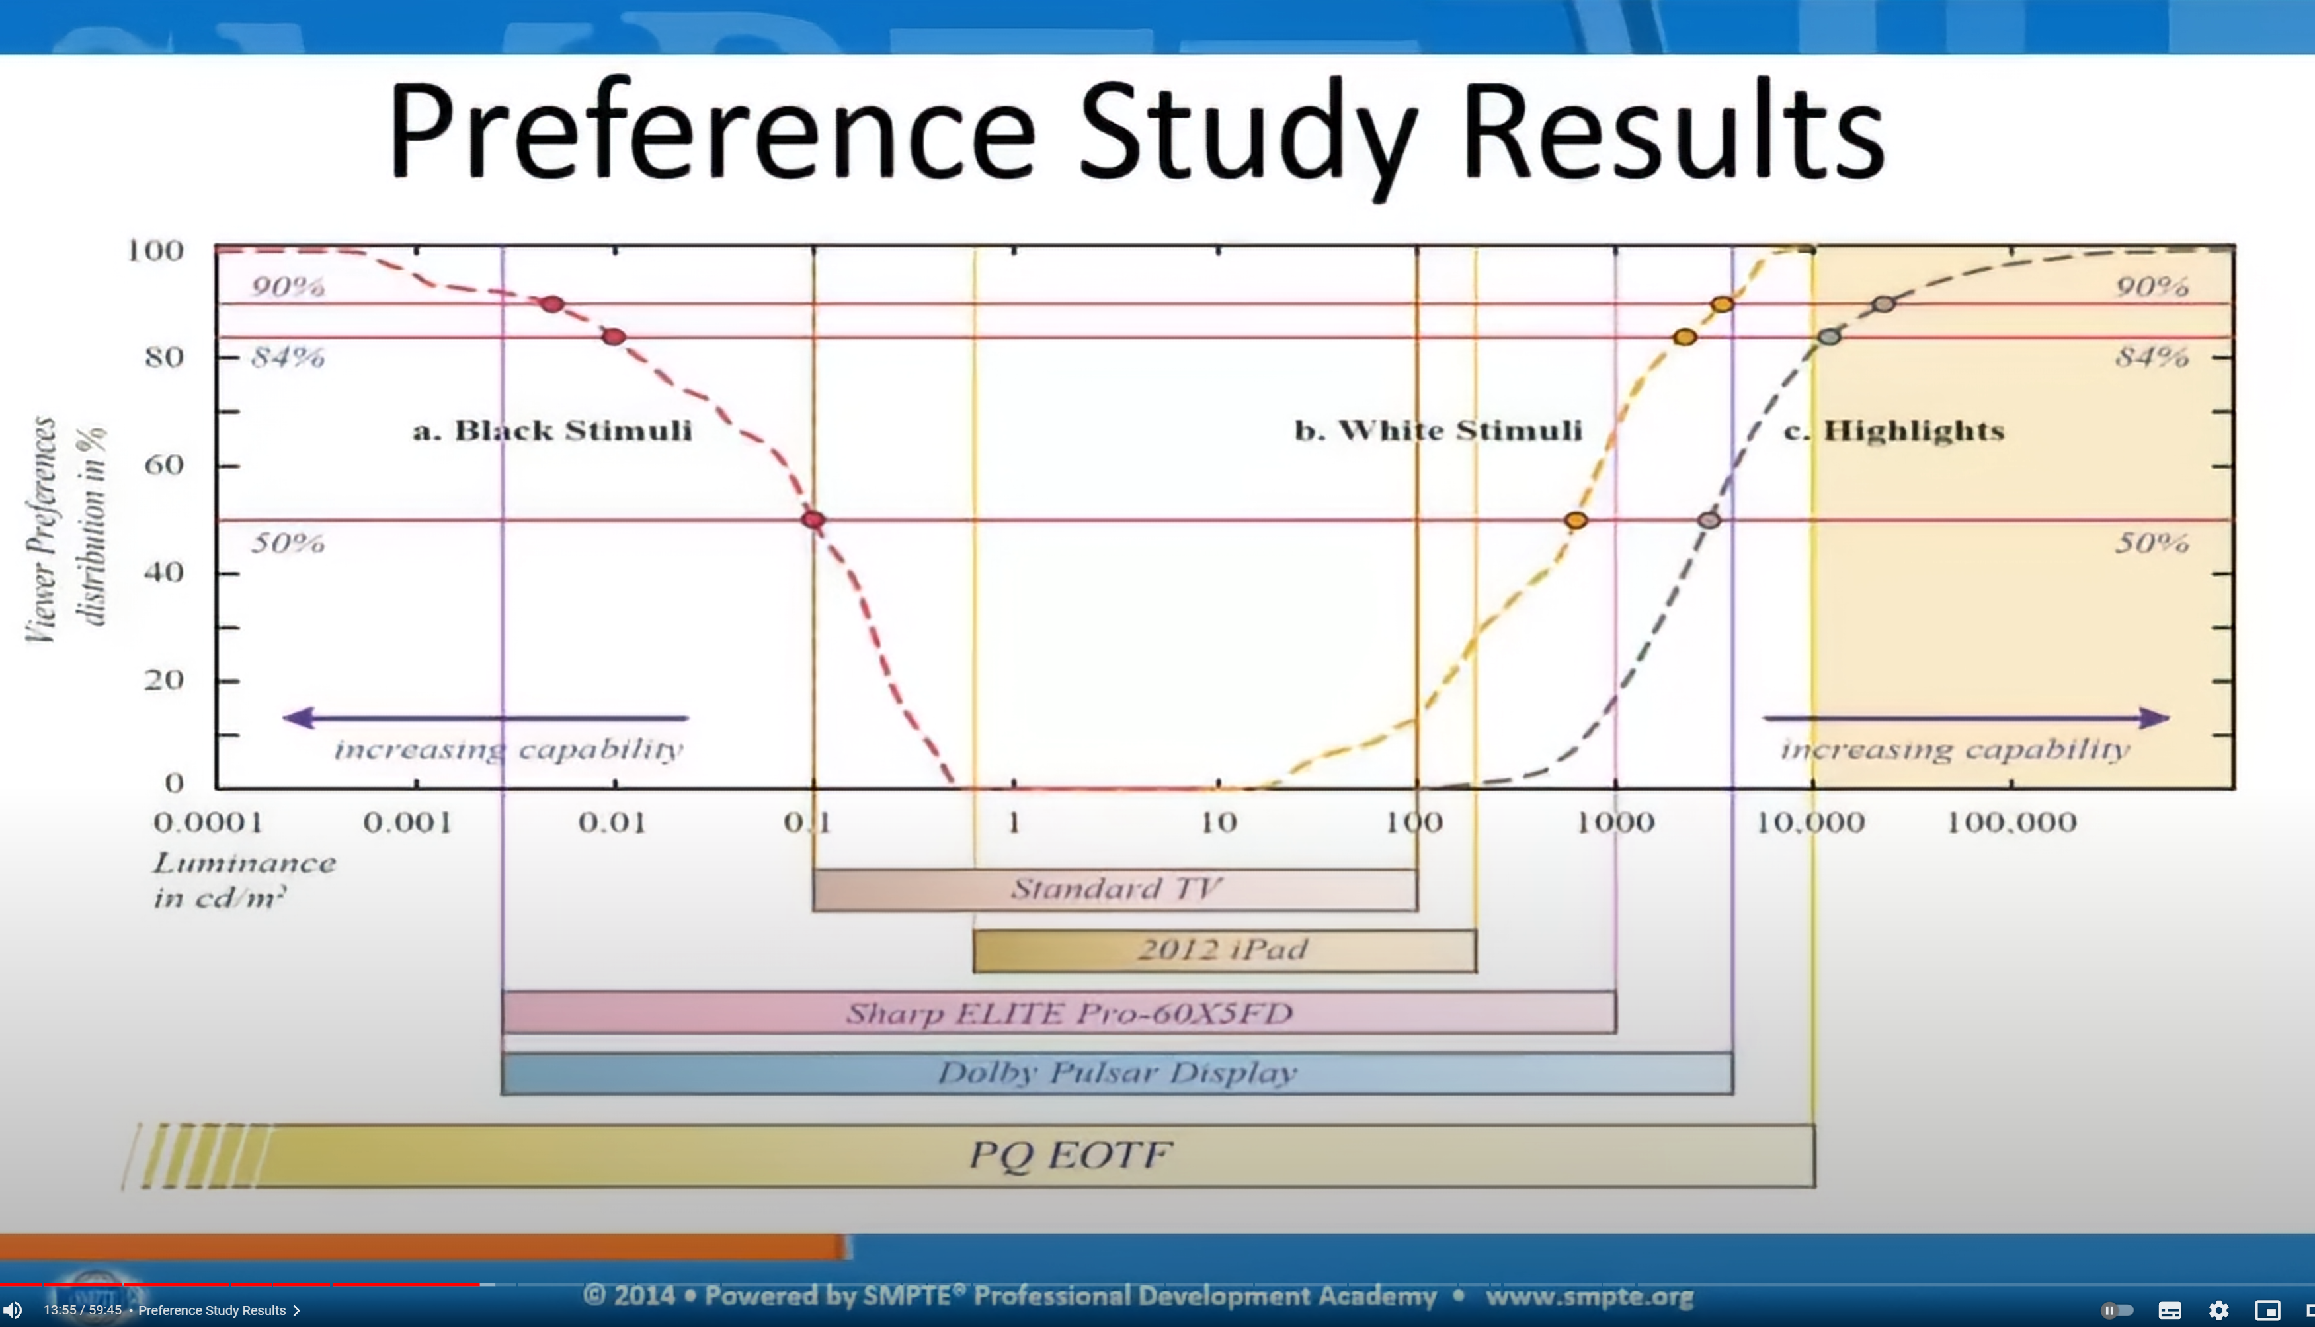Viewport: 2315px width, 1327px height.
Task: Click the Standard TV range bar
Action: pos(1115,889)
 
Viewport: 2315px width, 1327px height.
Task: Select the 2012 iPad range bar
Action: pos(1224,951)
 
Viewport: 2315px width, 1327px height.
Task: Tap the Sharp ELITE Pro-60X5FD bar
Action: pos(1059,1012)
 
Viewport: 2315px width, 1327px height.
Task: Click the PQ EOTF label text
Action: pos(1069,1154)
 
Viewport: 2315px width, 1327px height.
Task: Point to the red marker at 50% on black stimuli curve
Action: pos(813,520)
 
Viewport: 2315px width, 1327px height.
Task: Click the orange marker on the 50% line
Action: pos(1576,520)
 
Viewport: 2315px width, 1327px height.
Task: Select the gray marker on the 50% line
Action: pos(1709,520)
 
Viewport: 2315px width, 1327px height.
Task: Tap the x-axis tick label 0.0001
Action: pos(209,823)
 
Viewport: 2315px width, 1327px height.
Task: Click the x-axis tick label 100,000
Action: pos(2011,823)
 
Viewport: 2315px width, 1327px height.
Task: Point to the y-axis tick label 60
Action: pos(164,465)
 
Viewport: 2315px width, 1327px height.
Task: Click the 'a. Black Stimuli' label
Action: pos(552,430)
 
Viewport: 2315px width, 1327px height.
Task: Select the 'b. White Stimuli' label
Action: pos(1438,430)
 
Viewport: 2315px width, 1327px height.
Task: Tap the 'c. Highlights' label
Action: pos(1894,430)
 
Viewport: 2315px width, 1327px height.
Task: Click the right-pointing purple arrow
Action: pos(1966,718)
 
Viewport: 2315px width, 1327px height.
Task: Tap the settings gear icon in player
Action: pos(2218,1310)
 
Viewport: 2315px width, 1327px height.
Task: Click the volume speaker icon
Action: pos(13,1310)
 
